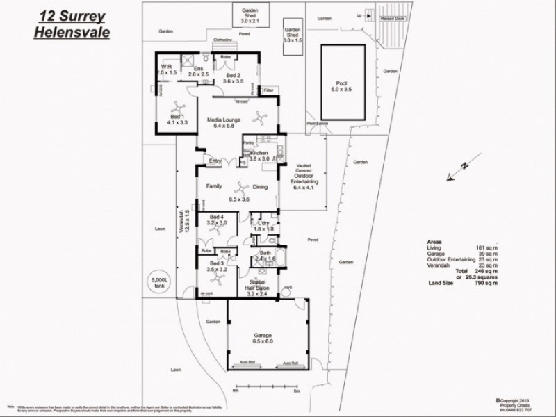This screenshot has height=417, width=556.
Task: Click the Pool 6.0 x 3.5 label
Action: point(345,86)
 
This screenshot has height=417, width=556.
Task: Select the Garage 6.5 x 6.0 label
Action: point(267,338)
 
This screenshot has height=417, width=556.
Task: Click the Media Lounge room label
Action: point(224,123)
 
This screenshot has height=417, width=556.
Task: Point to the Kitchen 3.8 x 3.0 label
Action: point(262,155)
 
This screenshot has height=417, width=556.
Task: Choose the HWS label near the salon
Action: point(286,288)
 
